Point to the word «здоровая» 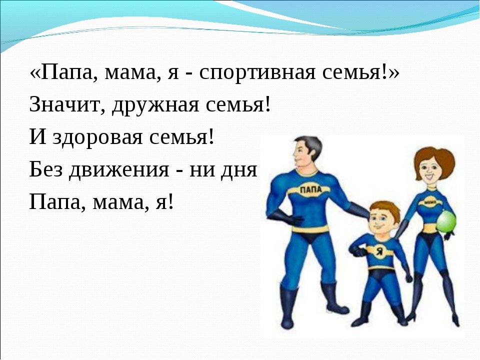point(97,138)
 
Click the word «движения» point(119,170)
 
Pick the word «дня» point(239,170)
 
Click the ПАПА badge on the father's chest point(310,189)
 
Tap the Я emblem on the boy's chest point(379,251)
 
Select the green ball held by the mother point(446,221)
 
